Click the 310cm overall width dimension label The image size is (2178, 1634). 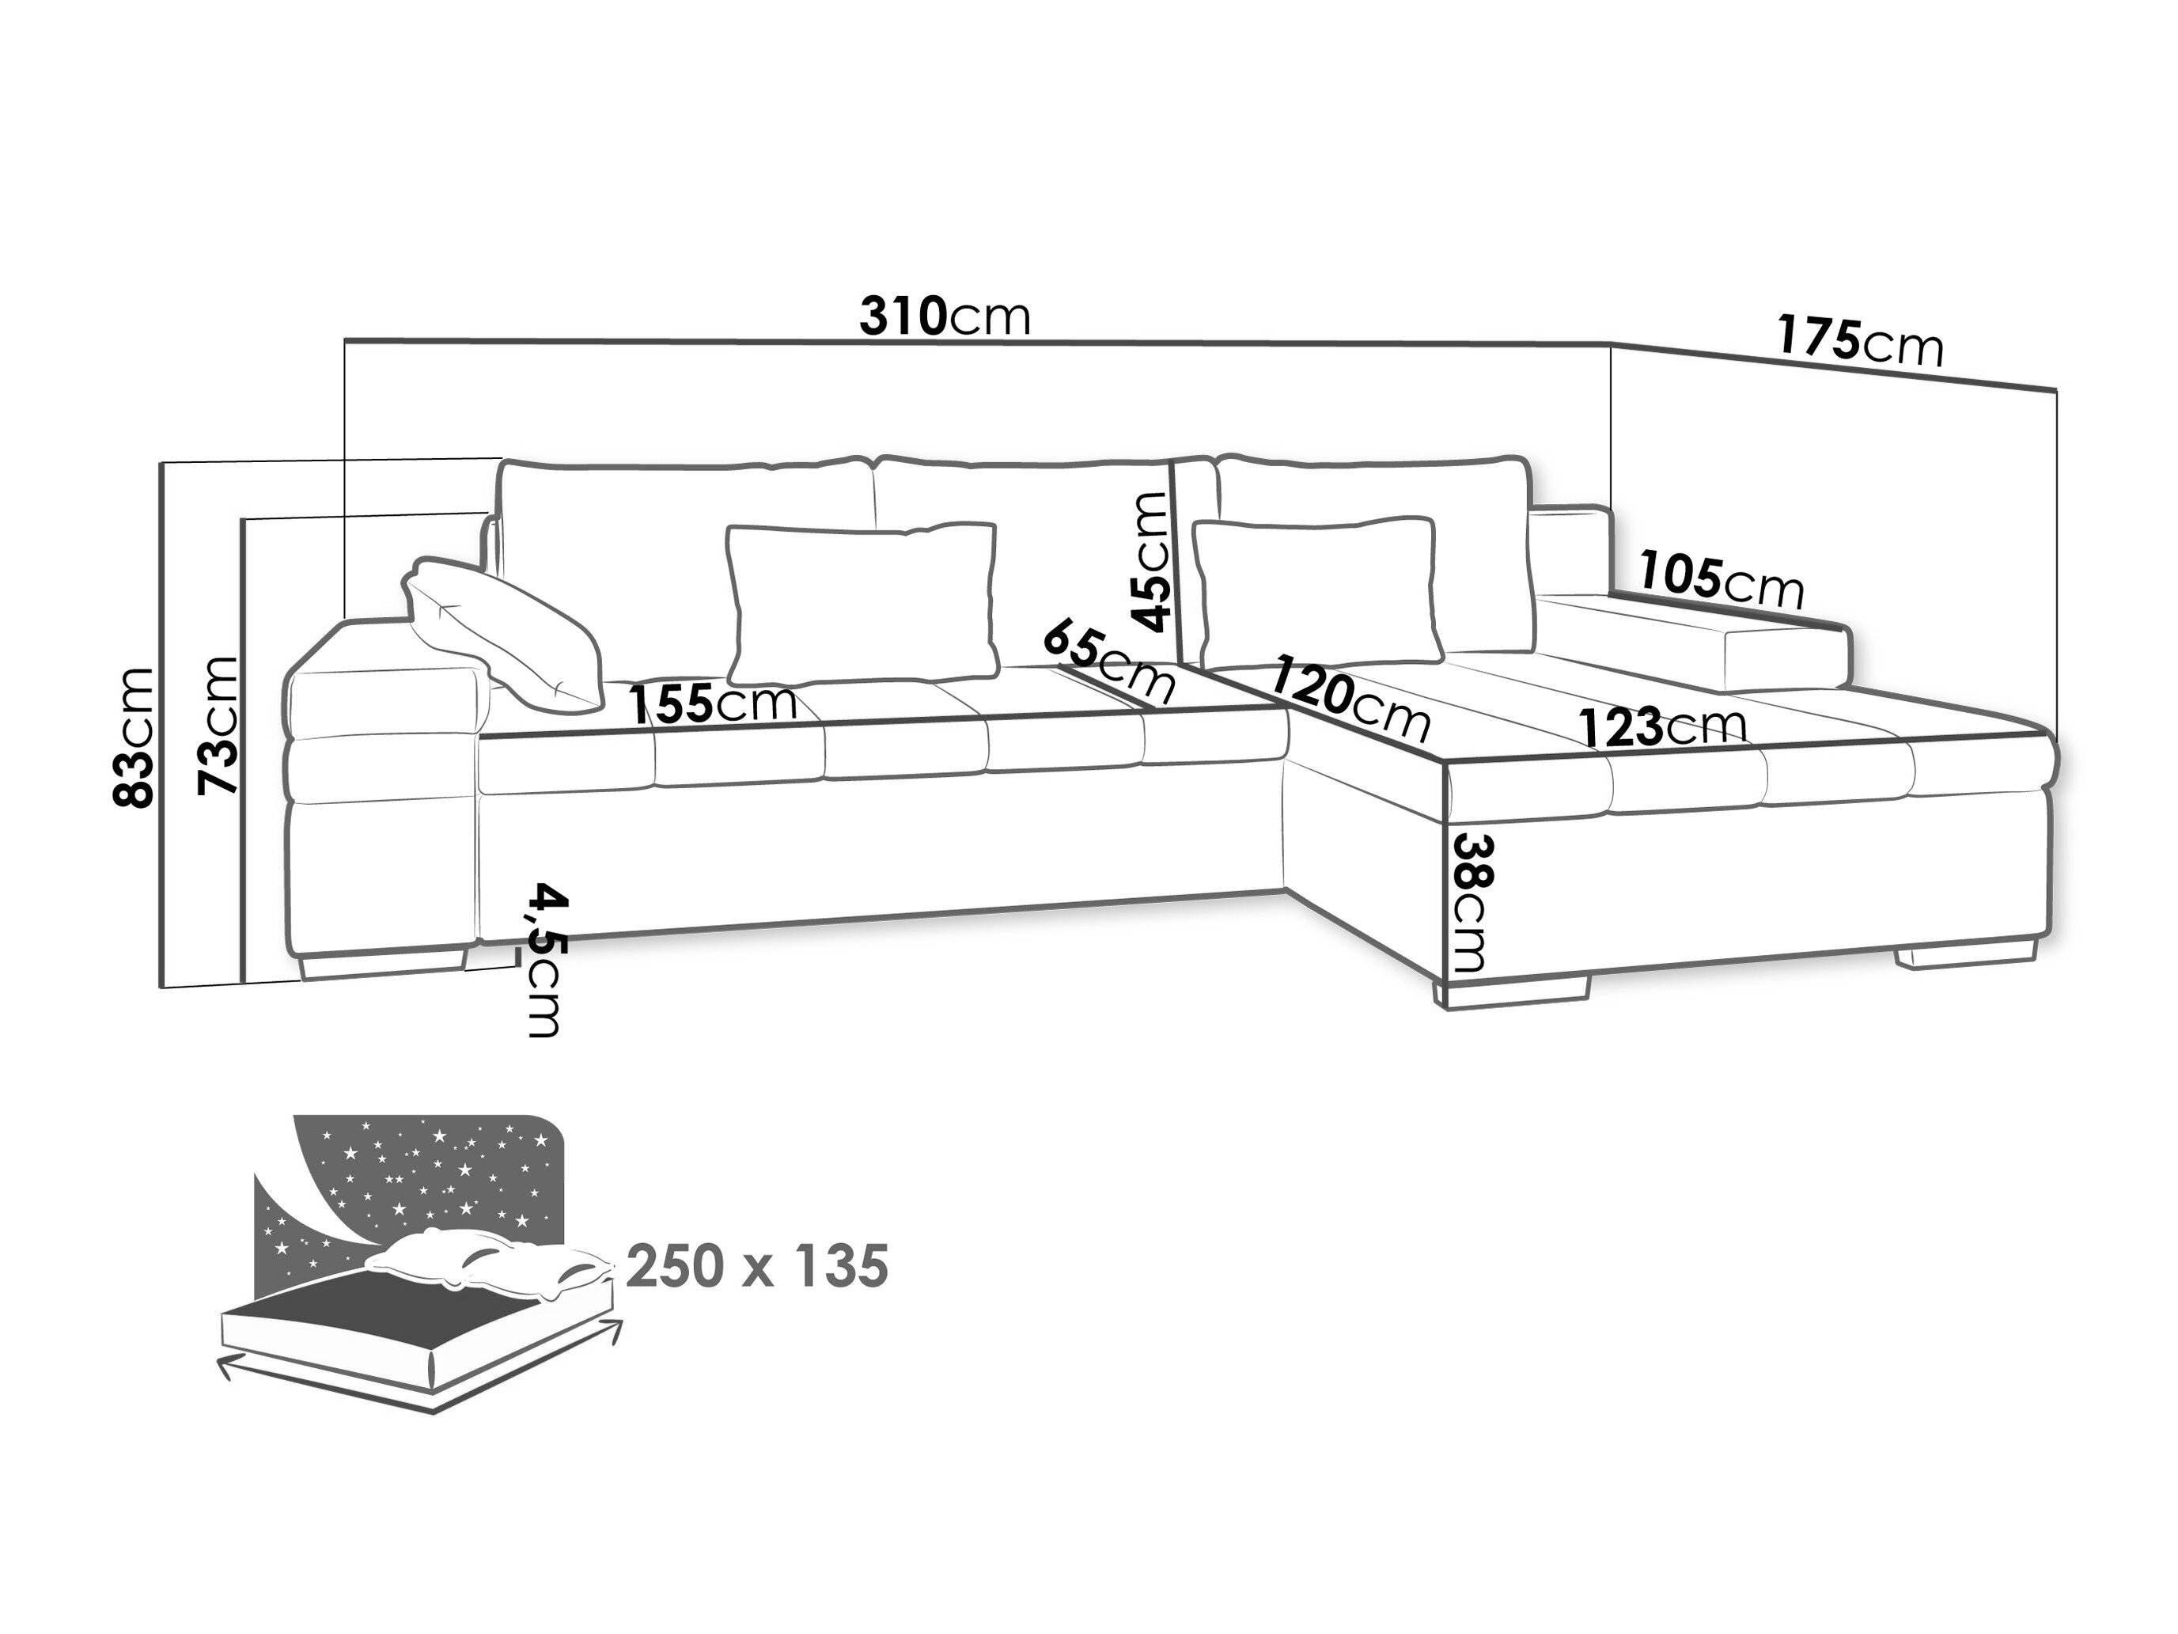(945, 317)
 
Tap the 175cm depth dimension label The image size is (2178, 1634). (1860, 341)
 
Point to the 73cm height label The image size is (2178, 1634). (218, 725)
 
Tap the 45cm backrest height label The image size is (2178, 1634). (1150, 560)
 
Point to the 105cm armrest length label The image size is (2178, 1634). (1722, 579)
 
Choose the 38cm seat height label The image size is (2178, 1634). (1473, 902)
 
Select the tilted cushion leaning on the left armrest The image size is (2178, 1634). (503, 632)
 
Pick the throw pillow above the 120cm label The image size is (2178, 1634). (1316, 589)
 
